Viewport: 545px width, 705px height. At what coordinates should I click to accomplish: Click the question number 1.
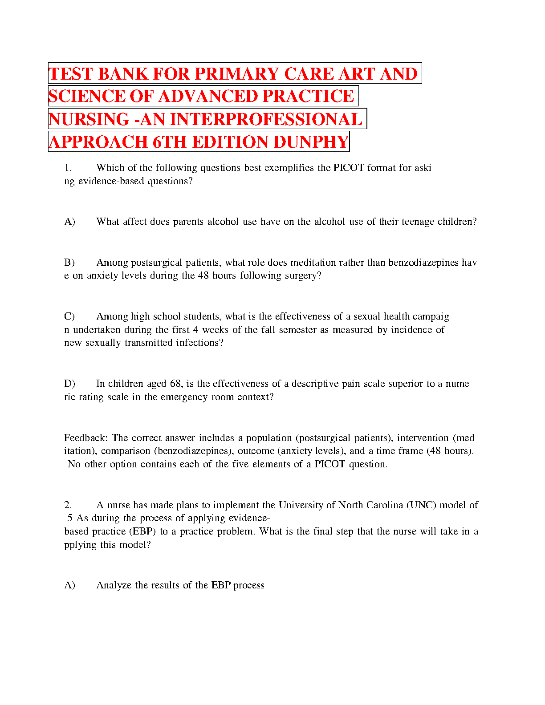(x=68, y=168)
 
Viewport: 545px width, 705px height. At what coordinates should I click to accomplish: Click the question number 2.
(x=68, y=505)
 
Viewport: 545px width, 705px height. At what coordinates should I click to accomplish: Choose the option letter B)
(x=69, y=263)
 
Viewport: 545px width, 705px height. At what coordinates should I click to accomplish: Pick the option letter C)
(x=69, y=316)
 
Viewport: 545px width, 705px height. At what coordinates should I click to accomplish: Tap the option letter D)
(x=69, y=384)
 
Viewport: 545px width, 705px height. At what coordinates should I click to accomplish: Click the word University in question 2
(x=301, y=505)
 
